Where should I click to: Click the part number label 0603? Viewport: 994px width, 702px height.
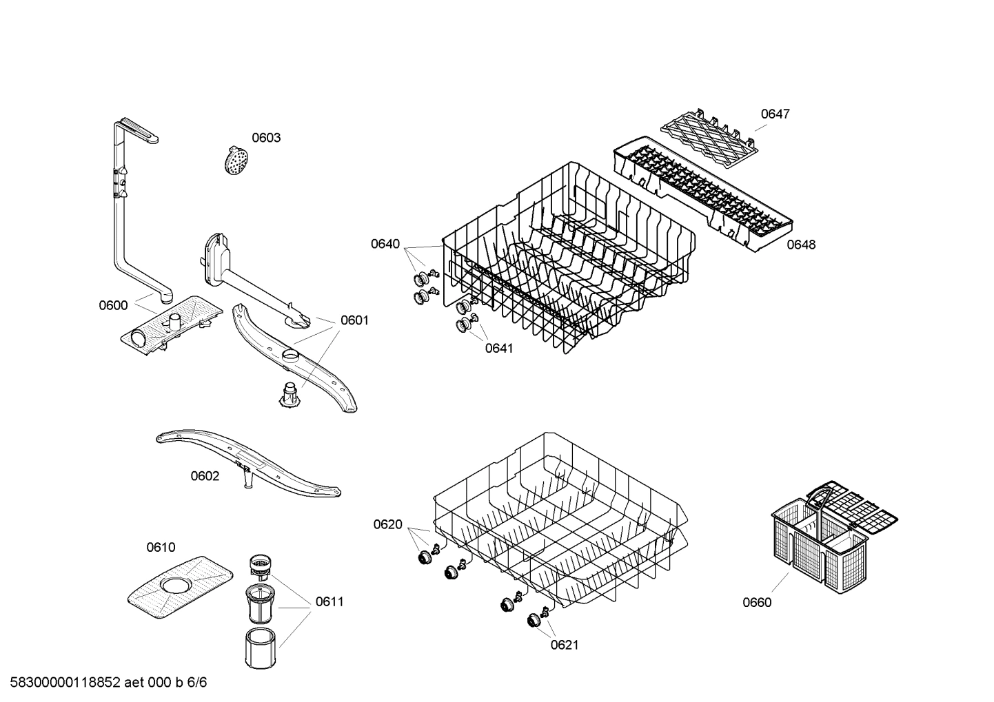[x=265, y=138]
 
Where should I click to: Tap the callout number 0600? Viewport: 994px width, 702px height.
[x=113, y=305]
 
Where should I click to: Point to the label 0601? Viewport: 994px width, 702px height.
[x=354, y=320]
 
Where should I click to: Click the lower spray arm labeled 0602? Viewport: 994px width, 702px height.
[x=248, y=463]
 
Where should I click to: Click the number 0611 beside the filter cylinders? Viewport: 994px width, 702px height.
[x=329, y=601]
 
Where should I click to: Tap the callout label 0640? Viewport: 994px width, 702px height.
[x=385, y=244]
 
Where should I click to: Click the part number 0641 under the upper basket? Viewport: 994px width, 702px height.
[x=498, y=349]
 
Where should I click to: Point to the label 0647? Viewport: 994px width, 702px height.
[x=775, y=114]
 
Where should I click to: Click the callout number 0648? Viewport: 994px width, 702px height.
[x=801, y=245]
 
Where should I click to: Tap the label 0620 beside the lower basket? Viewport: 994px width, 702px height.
[x=387, y=525]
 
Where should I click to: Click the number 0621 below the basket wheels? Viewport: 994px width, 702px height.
[x=564, y=645]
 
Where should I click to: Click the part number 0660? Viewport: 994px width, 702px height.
[x=757, y=603]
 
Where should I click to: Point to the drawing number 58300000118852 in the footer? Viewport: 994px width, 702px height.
[x=61, y=683]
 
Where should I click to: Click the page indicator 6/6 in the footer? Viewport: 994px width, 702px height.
[x=197, y=683]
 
